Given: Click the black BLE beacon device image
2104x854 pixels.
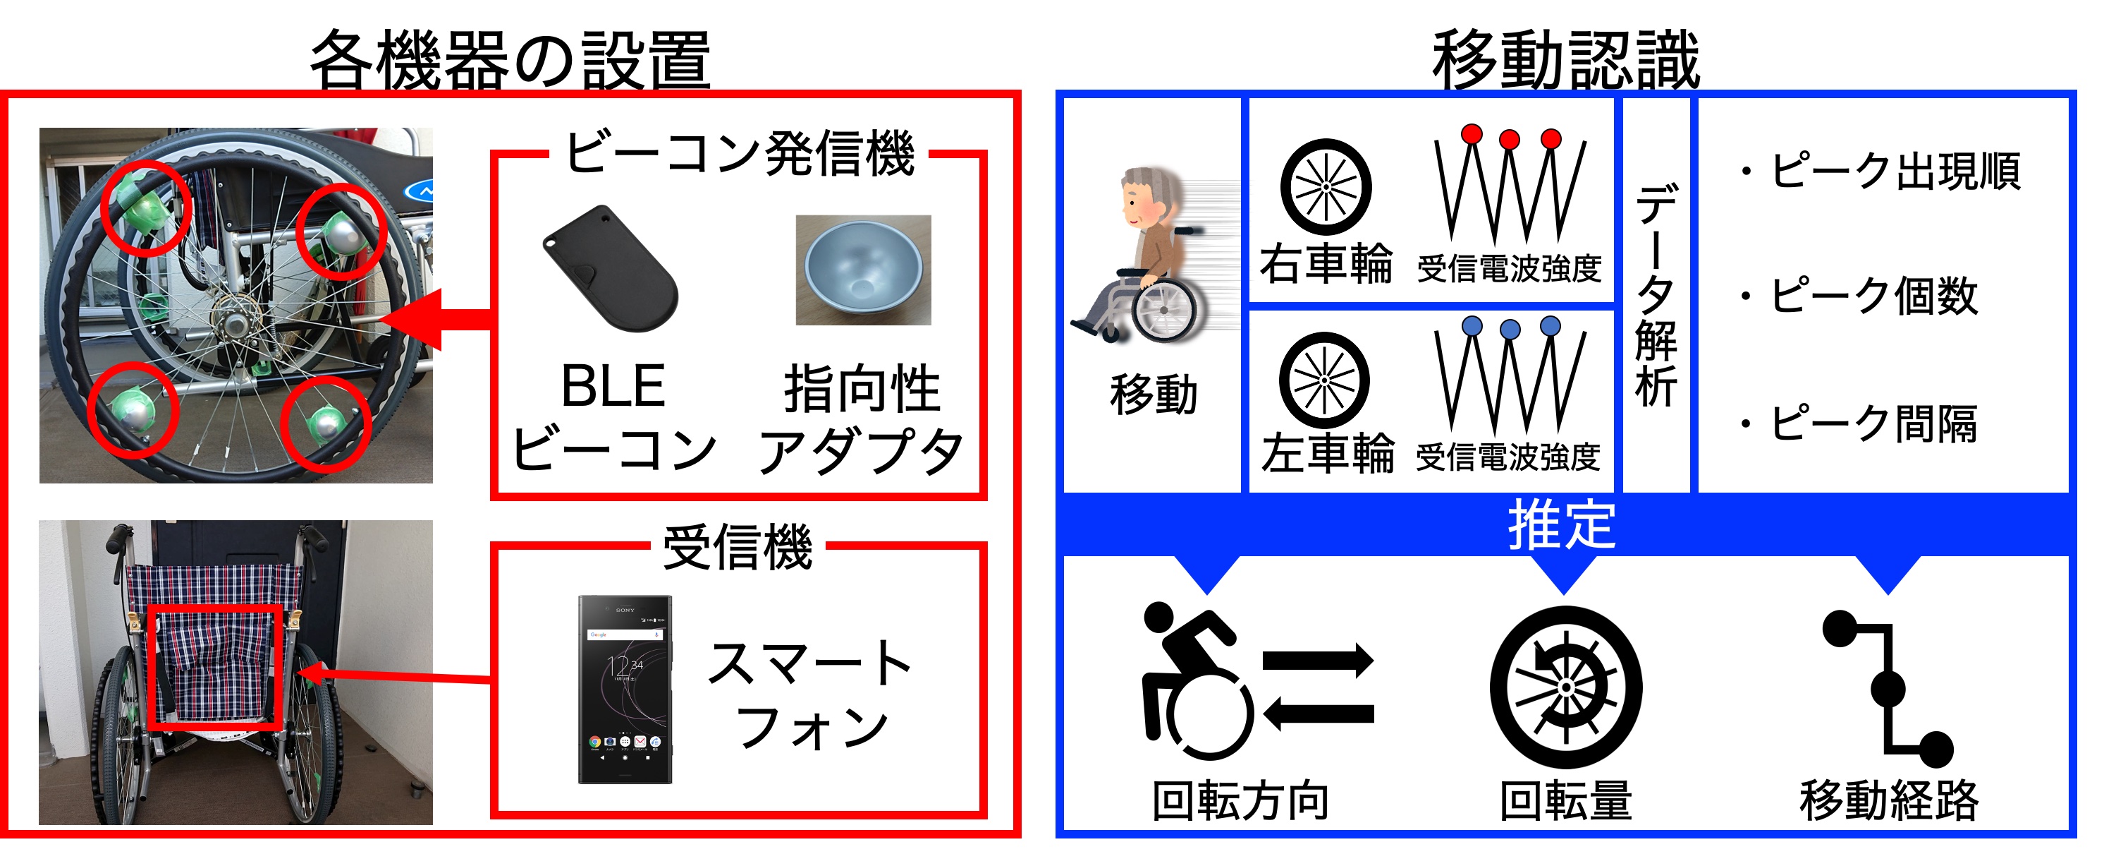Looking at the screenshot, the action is coord(610,268).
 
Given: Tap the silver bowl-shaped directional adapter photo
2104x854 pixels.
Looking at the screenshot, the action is coord(863,270).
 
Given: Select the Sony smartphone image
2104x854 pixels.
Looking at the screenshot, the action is coord(625,690).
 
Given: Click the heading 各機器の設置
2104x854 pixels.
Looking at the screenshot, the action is coord(510,59).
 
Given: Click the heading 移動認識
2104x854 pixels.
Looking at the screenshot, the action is coord(1566,59).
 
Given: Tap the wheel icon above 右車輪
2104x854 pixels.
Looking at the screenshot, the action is coord(1326,187).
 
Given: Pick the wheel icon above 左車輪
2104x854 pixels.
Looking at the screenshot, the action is coord(1324,380).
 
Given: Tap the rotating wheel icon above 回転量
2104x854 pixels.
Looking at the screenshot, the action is coord(1566,687).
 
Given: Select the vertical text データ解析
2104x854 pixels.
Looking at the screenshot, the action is coord(1656,294).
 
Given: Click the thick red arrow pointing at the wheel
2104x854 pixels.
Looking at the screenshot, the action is coord(436,320).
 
